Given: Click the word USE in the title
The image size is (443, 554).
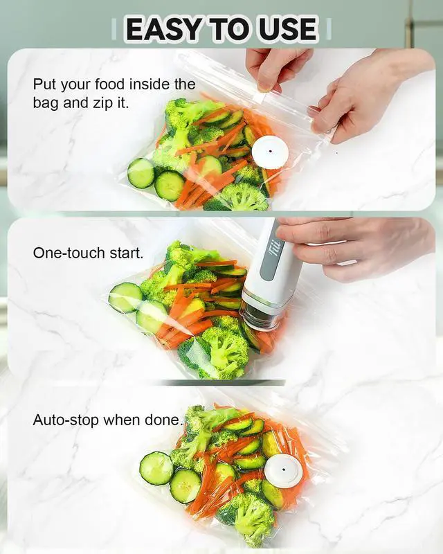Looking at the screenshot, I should [x=287, y=29].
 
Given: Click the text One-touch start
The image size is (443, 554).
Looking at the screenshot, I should [x=88, y=253].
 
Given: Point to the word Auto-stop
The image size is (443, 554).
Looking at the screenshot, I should [x=66, y=420].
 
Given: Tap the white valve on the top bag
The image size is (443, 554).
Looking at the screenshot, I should [x=269, y=152].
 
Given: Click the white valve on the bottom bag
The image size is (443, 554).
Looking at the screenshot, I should [x=283, y=470].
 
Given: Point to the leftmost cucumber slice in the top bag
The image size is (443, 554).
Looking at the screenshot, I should [x=141, y=173].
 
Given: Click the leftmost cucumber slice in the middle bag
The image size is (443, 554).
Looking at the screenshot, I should [x=125, y=298].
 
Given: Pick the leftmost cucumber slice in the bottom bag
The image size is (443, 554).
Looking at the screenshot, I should [x=155, y=468].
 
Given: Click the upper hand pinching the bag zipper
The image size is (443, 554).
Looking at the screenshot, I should [x=277, y=66].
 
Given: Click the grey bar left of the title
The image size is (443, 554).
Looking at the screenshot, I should [x=114, y=29].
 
